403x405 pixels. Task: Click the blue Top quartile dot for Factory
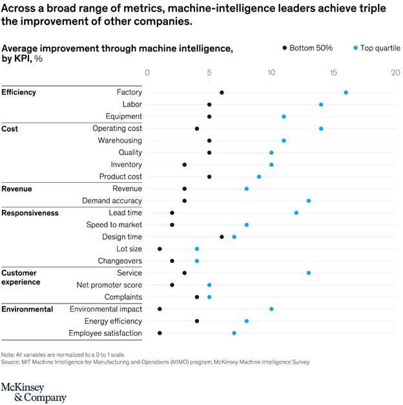[346, 92]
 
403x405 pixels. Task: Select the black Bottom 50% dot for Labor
[209, 105]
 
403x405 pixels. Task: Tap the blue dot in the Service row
[309, 273]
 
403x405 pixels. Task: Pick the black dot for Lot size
[160, 249]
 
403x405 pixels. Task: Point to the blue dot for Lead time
[296, 213]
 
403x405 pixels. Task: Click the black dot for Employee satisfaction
[160, 333]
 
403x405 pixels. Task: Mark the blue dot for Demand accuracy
[309, 201]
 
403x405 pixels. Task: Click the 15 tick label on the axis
[333, 73]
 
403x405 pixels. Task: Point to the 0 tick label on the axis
[147, 73]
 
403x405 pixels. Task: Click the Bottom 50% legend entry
[307, 48]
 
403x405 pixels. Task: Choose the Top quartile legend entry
[376, 48]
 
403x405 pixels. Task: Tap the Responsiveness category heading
[30, 213]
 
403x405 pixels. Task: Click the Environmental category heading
[27, 309]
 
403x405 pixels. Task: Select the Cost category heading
[10, 129]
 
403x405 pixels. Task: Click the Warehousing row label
[119, 141]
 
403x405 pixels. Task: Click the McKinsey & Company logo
[34, 391]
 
